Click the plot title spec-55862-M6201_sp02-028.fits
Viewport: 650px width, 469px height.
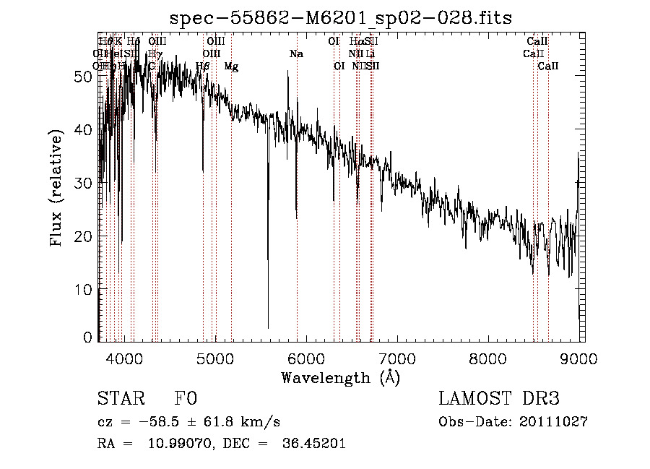[x=340, y=18]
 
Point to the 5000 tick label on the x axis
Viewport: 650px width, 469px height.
[x=215, y=358]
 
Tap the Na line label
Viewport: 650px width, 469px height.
[x=296, y=53]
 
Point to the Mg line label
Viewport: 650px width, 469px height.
[x=231, y=66]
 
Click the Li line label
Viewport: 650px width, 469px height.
[x=370, y=53]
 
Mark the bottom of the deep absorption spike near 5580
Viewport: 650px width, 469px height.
[x=268, y=328]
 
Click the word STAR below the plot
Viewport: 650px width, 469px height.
[x=121, y=399]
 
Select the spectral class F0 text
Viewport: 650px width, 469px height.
[x=186, y=399]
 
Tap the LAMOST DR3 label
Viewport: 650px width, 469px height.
[x=498, y=399]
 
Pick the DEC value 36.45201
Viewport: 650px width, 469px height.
[x=313, y=444]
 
